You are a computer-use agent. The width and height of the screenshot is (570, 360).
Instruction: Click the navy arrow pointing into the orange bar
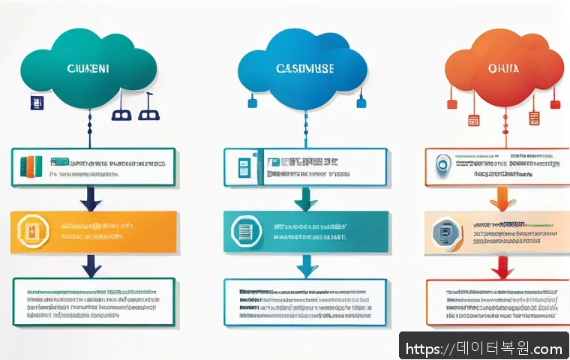[91, 199]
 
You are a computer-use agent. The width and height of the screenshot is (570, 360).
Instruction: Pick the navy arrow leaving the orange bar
[91, 263]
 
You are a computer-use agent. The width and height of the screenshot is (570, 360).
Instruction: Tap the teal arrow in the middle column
[304, 199]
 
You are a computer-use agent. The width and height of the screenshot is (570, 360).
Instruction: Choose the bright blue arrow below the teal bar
[304, 265]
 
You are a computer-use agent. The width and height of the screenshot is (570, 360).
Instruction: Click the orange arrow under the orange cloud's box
[499, 199]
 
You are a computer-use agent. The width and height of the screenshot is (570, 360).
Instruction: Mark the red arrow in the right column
[499, 266]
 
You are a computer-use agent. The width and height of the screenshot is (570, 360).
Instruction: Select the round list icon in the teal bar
[245, 231]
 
